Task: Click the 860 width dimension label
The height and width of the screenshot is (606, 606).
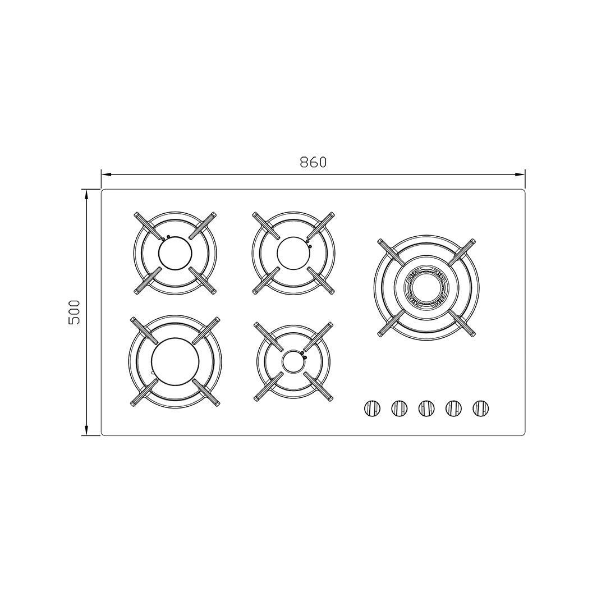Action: click(x=313, y=162)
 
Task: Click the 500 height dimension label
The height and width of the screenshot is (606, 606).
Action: click(x=74, y=312)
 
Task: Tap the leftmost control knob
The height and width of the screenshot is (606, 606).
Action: click(x=372, y=408)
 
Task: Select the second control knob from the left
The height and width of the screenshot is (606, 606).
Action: click(x=400, y=408)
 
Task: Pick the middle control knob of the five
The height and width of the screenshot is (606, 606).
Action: click(x=426, y=408)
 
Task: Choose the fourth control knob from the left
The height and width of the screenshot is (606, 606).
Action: click(x=454, y=408)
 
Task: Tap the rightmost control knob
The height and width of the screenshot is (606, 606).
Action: click(x=481, y=408)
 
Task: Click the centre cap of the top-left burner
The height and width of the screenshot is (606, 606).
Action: click(x=175, y=252)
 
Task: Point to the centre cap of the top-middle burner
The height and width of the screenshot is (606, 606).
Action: click(x=293, y=252)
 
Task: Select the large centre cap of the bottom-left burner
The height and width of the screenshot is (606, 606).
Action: click(x=175, y=361)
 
